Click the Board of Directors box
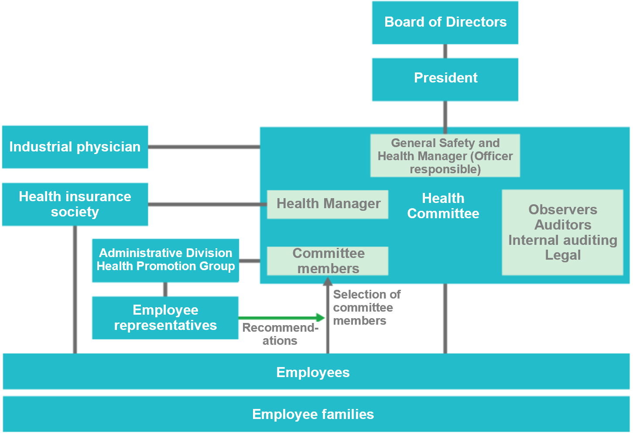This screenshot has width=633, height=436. point(445,23)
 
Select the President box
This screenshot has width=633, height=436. point(445,79)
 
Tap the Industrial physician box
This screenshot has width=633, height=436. point(75,147)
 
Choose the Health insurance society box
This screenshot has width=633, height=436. point(75,204)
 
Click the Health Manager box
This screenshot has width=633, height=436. point(328,204)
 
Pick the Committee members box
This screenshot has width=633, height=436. point(328,261)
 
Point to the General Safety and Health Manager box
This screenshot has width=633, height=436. point(445,155)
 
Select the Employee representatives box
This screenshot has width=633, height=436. point(165,318)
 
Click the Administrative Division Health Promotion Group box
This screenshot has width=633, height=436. point(165,261)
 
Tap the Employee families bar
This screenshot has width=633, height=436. point(316,414)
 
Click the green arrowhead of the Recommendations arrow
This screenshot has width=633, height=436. point(321,318)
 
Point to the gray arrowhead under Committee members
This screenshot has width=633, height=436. point(328,281)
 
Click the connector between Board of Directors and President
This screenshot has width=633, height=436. point(445,51)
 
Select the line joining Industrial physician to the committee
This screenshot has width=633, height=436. point(204,147)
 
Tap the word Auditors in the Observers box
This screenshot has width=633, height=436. point(563,225)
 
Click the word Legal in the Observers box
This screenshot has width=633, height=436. point(563,255)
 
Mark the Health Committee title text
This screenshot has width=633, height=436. point(443,206)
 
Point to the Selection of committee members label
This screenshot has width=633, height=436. point(367,307)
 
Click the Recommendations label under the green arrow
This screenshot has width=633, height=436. point(280,334)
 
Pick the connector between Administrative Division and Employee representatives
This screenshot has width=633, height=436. point(165,289)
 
